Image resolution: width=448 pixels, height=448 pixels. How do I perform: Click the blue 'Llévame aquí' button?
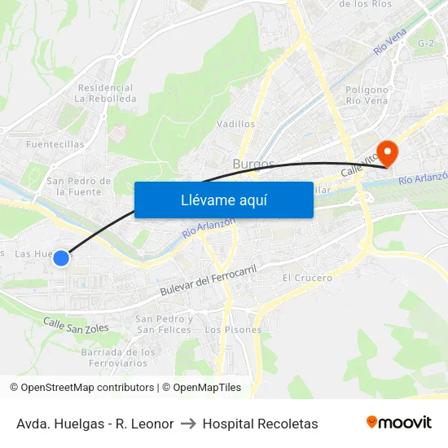coord(223,200)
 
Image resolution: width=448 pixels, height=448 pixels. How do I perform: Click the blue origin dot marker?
coord(61,257)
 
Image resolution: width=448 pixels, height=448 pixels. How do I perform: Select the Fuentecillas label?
coord(55,144)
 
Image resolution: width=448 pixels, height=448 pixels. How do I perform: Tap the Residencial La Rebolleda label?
coord(105,93)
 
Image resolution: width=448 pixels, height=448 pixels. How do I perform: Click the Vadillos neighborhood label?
coord(236,125)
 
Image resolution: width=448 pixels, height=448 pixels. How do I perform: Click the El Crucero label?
coord(307,278)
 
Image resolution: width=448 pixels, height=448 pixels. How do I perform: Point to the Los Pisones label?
coord(233,330)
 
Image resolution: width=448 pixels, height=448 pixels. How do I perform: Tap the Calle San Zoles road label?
coord(76,325)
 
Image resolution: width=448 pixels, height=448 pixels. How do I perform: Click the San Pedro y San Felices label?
coord(165,324)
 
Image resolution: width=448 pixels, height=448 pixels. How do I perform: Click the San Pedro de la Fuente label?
coord(79,186)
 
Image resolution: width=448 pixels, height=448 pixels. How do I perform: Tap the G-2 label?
coord(425,42)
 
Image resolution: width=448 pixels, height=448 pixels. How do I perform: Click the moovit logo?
coord(398,422)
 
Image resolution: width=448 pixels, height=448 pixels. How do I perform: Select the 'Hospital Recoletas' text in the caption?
coord(260,424)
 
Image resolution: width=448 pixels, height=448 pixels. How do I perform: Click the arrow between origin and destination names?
coord(187,424)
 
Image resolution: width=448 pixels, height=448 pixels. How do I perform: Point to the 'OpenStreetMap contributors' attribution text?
coord(87,388)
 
